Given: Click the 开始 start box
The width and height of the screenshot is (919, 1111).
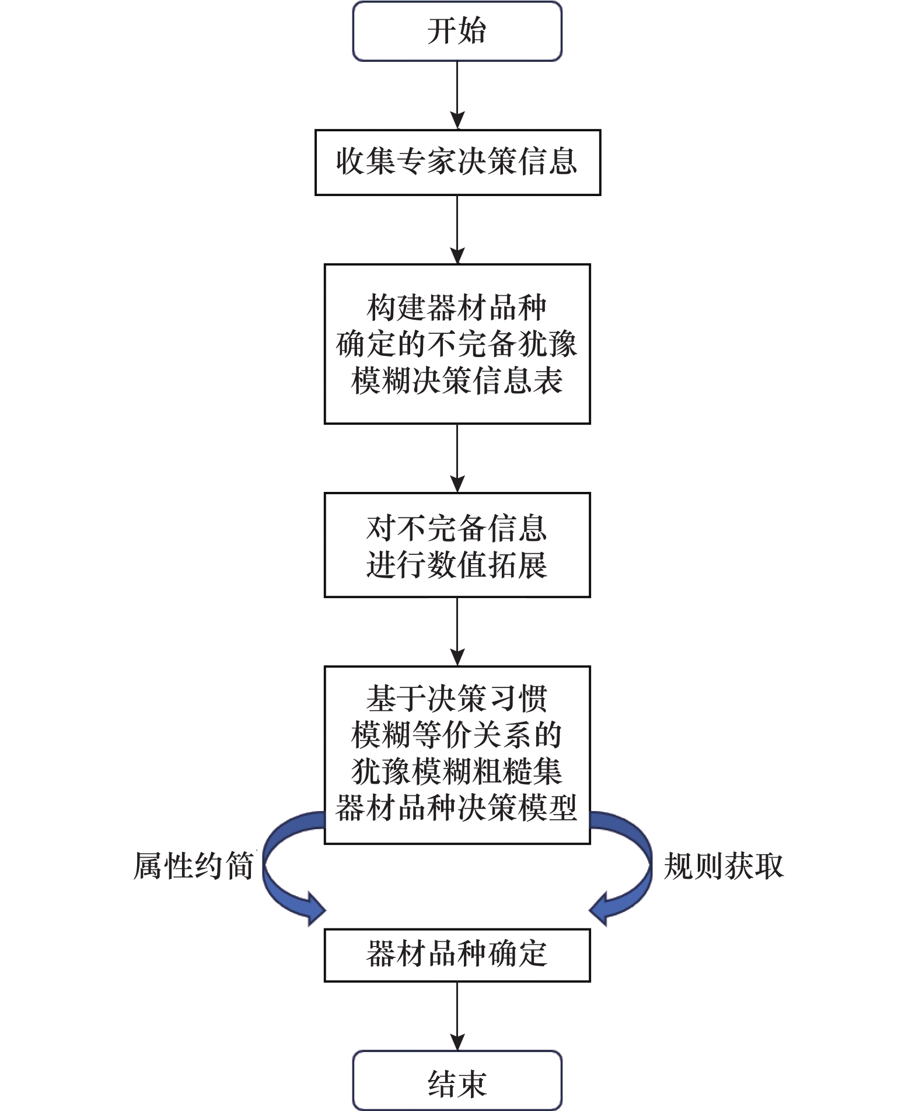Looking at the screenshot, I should click(457, 31).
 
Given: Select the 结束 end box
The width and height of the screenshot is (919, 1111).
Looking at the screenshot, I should click(457, 1080).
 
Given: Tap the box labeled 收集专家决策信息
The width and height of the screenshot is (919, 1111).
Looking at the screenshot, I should click(457, 162).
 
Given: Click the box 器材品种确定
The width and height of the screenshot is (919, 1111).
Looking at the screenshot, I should click(457, 955).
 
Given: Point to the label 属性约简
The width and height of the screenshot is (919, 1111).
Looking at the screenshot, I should click(193, 866).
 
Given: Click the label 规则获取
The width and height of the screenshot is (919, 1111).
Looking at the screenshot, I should click(724, 866).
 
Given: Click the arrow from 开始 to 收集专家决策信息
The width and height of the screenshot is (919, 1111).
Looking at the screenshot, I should click(457, 95).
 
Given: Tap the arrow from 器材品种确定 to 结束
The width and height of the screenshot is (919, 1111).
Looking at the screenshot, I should click(457, 1016).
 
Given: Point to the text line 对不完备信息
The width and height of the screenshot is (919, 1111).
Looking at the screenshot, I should click(457, 529).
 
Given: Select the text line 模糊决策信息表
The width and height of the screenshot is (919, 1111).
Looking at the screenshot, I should click(457, 381).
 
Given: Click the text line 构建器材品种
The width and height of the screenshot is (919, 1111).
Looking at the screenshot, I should click(457, 308).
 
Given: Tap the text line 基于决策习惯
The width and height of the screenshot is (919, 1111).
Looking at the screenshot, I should click(457, 698).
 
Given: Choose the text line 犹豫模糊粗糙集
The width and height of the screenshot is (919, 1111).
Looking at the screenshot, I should click(457, 771).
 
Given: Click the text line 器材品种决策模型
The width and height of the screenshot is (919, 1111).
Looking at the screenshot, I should click(457, 808).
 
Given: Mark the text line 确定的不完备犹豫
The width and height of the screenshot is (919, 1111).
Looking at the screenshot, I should click(457, 344).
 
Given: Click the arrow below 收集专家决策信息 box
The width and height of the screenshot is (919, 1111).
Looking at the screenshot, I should click(457, 229).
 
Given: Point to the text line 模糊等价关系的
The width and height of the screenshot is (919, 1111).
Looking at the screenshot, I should click(457, 735).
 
